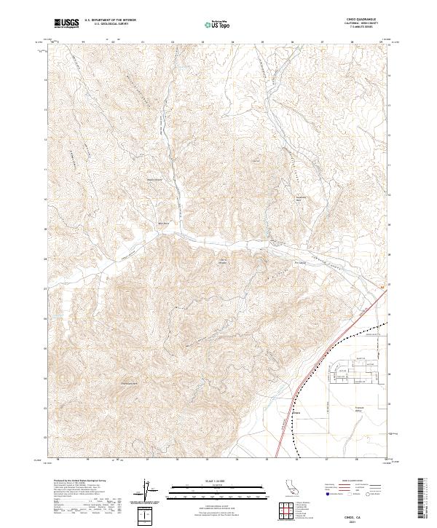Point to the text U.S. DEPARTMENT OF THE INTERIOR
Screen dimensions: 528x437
click(110, 20)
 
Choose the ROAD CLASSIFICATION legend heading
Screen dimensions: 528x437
click(352, 481)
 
